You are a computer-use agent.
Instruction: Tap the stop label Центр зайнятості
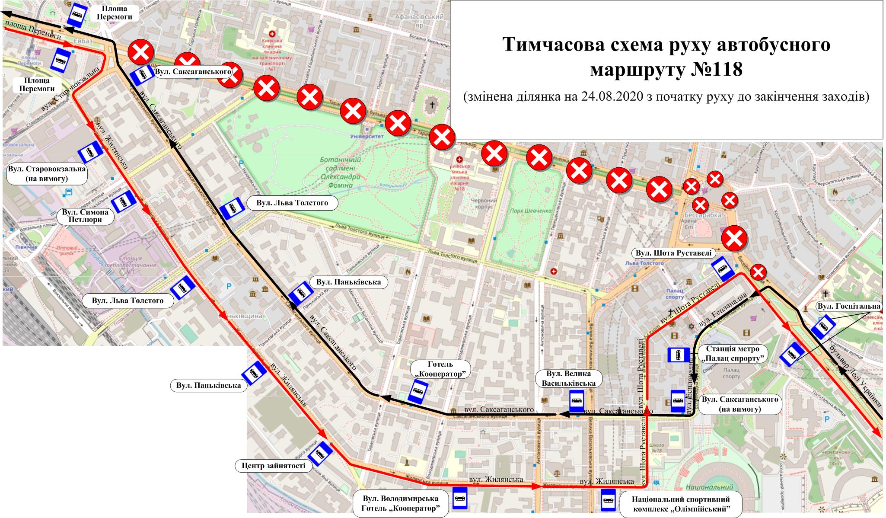(271, 466)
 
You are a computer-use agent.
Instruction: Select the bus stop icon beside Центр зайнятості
(321, 454)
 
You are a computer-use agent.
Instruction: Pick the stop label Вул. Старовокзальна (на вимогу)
(47, 173)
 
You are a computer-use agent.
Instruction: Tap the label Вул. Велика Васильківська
(567, 378)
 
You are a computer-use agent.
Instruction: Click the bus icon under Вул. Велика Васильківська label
(576, 401)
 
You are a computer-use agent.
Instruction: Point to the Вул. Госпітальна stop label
(848, 306)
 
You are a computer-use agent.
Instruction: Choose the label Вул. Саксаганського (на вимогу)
(739, 404)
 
